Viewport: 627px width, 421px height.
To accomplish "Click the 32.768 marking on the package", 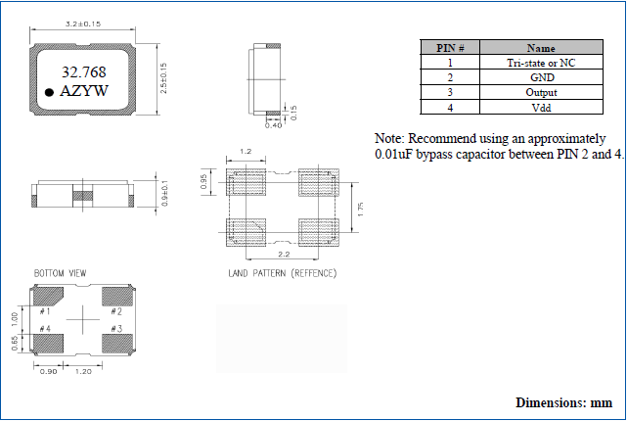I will pyautogui.click(x=84, y=71).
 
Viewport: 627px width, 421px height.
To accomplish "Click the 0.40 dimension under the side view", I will pyautogui.click(x=275, y=124).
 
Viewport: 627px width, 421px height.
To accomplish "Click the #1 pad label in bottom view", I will pyautogui.click(x=46, y=311).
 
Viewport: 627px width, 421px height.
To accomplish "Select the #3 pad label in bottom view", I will pyautogui.click(x=116, y=328).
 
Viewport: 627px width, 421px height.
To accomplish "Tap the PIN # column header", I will pyautogui.click(x=450, y=47).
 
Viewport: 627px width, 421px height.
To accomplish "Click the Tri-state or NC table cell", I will pyautogui.click(x=541, y=62).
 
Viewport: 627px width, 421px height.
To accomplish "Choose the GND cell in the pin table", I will pyautogui.click(x=541, y=76).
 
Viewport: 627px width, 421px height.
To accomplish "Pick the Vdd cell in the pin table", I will pyautogui.click(x=541, y=107).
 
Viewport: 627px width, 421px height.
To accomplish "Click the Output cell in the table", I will pyautogui.click(x=541, y=92).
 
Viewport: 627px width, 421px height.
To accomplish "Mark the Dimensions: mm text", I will pyautogui.click(x=563, y=402).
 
